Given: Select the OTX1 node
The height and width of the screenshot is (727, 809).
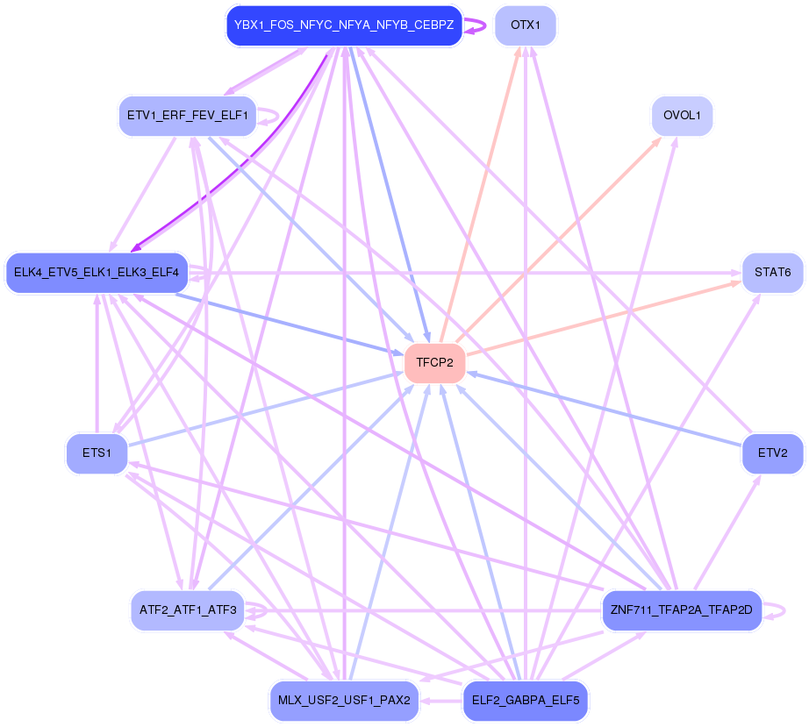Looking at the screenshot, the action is coord(525,25).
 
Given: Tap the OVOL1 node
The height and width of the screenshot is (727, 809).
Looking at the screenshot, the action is coord(681,116).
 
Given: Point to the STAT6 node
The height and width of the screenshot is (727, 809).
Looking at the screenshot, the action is coord(772,273).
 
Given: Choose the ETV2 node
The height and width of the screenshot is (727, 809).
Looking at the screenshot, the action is coord(772,453).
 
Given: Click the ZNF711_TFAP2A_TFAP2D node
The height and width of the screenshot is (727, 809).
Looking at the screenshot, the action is coord(681,609).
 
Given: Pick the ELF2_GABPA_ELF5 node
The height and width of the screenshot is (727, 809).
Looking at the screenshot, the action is coord(525,701).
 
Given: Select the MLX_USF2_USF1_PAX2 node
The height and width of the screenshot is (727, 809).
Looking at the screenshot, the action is coord(344,701).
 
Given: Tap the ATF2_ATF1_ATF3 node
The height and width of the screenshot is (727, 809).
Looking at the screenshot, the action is coord(188,609).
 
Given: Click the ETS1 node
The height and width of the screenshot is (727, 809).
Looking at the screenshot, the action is coord(97,453).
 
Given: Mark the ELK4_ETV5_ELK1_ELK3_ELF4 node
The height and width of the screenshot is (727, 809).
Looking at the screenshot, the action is coord(97,273).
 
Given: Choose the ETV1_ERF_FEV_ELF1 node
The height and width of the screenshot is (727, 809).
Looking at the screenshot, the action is coord(188,116).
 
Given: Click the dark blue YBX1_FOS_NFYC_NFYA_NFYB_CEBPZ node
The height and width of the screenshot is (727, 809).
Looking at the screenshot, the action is coord(344,25).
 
